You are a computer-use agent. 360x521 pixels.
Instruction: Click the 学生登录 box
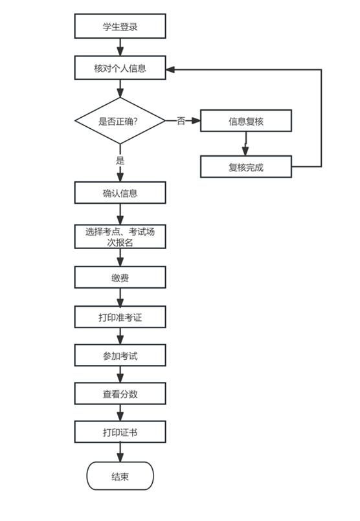[x=120, y=26]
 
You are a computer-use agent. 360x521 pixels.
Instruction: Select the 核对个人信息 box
[x=120, y=68]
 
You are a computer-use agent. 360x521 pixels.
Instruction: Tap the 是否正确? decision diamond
[x=120, y=120]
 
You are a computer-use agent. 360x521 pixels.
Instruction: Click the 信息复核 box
[x=246, y=120]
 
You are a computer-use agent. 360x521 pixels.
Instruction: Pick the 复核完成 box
[x=246, y=166]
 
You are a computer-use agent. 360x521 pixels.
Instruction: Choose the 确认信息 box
[x=120, y=193]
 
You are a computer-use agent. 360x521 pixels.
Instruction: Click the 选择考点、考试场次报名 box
[x=120, y=237]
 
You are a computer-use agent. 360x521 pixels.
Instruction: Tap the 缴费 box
[x=120, y=277]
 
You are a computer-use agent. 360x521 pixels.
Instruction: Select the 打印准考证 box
[x=120, y=317]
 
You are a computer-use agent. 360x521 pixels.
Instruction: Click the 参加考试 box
[x=120, y=355]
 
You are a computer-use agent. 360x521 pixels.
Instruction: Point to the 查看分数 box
[x=120, y=394]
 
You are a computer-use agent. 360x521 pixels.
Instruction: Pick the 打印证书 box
[x=120, y=432]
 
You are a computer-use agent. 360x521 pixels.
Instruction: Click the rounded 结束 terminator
[x=120, y=476]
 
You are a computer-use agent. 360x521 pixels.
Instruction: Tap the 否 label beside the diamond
[x=181, y=120]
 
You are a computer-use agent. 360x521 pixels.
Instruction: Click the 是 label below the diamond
[x=120, y=161]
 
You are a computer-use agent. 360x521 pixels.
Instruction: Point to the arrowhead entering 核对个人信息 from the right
[x=170, y=69]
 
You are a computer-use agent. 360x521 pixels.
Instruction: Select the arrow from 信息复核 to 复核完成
[x=245, y=144]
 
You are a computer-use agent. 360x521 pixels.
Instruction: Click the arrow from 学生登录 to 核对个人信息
[x=120, y=47]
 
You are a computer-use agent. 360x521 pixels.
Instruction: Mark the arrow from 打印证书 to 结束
[x=120, y=452]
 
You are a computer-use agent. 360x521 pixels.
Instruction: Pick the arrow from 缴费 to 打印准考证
[x=120, y=297]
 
